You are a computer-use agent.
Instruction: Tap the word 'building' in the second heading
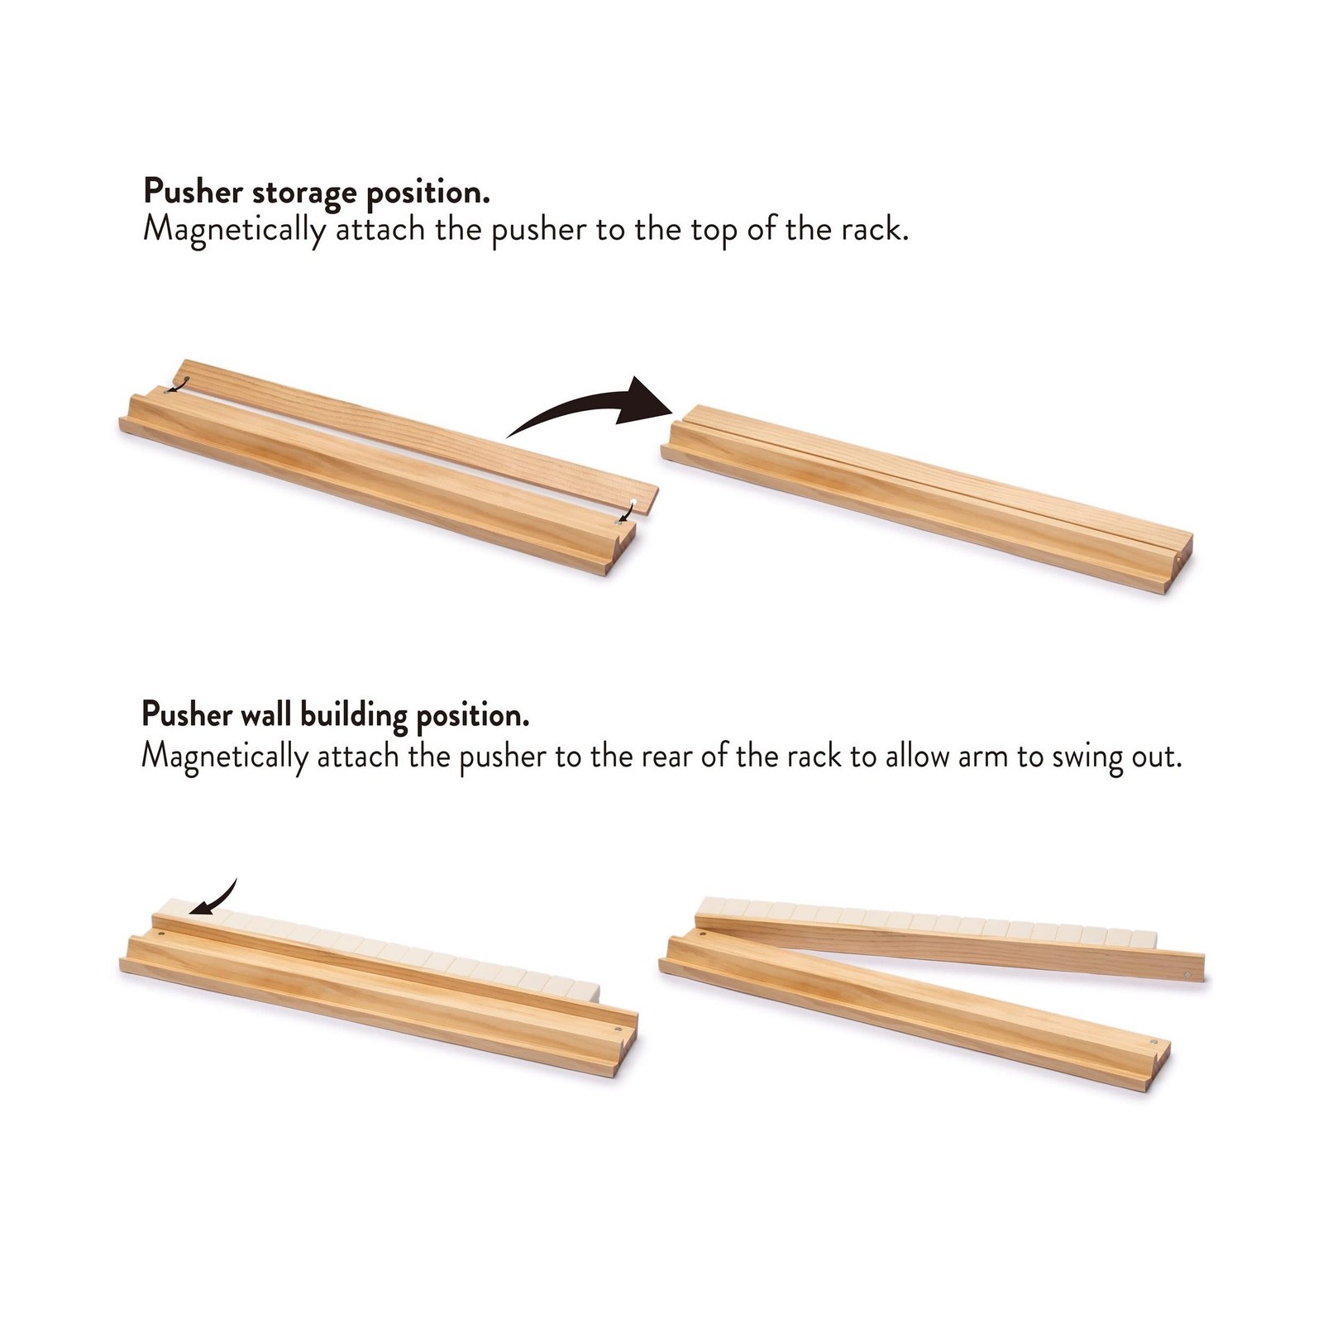click(354, 714)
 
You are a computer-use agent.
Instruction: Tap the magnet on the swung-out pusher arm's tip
click(1188, 976)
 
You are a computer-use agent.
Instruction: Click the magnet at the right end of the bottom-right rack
click(1153, 1042)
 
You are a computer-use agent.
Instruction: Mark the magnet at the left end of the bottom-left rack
click(160, 934)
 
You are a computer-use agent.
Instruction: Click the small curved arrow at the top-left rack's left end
click(177, 385)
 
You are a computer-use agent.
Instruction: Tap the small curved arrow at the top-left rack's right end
click(627, 511)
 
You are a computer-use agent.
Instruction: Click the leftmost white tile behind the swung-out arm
click(713, 906)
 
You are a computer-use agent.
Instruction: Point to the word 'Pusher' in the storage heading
click(193, 193)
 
